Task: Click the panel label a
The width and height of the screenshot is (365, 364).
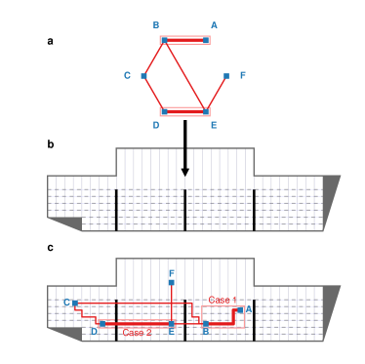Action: pyautogui.click(x=50, y=41)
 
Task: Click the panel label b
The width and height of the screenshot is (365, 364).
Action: pyautogui.click(x=50, y=144)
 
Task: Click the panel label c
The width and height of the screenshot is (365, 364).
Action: pyautogui.click(x=50, y=247)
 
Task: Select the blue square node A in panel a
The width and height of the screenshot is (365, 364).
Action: pyautogui.click(x=207, y=40)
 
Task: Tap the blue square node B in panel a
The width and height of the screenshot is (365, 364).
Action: pyautogui.click(x=165, y=40)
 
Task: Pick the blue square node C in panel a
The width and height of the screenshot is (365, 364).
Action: pyautogui.click(x=144, y=75)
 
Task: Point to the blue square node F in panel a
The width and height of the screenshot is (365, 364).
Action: pyautogui.click(x=226, y=75)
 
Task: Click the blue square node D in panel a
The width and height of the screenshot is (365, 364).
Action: pyautogui.click(x=165, y=111)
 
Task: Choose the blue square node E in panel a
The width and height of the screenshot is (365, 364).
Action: pyautogui.click(x=207, y=111)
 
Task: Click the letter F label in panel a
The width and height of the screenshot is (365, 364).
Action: pyautogui.click(x=243, y=75)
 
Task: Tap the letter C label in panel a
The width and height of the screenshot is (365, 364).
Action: pyautogui.click(x=127, y=75)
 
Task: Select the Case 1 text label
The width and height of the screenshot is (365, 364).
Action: pyautogui.click(x=223, y=299)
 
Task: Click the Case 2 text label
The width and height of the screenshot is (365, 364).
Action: pyautogui.click(x=137, y=333)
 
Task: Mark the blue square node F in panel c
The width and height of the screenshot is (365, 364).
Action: pyautogui.click(x=171, y=283)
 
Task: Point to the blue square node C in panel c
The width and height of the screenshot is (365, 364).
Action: pyautogui.click(x=75, y=303)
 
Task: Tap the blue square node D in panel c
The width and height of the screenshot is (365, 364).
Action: pyautogui.click(x=102, y=323)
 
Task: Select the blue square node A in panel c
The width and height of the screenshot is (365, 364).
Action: pyautogui.click(x=240, y=309)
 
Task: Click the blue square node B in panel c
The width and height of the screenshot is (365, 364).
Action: pyautogui.click(x=205, y=323)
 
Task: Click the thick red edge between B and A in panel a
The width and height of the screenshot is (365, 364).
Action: pyautogui.click(x=185, y=40)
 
